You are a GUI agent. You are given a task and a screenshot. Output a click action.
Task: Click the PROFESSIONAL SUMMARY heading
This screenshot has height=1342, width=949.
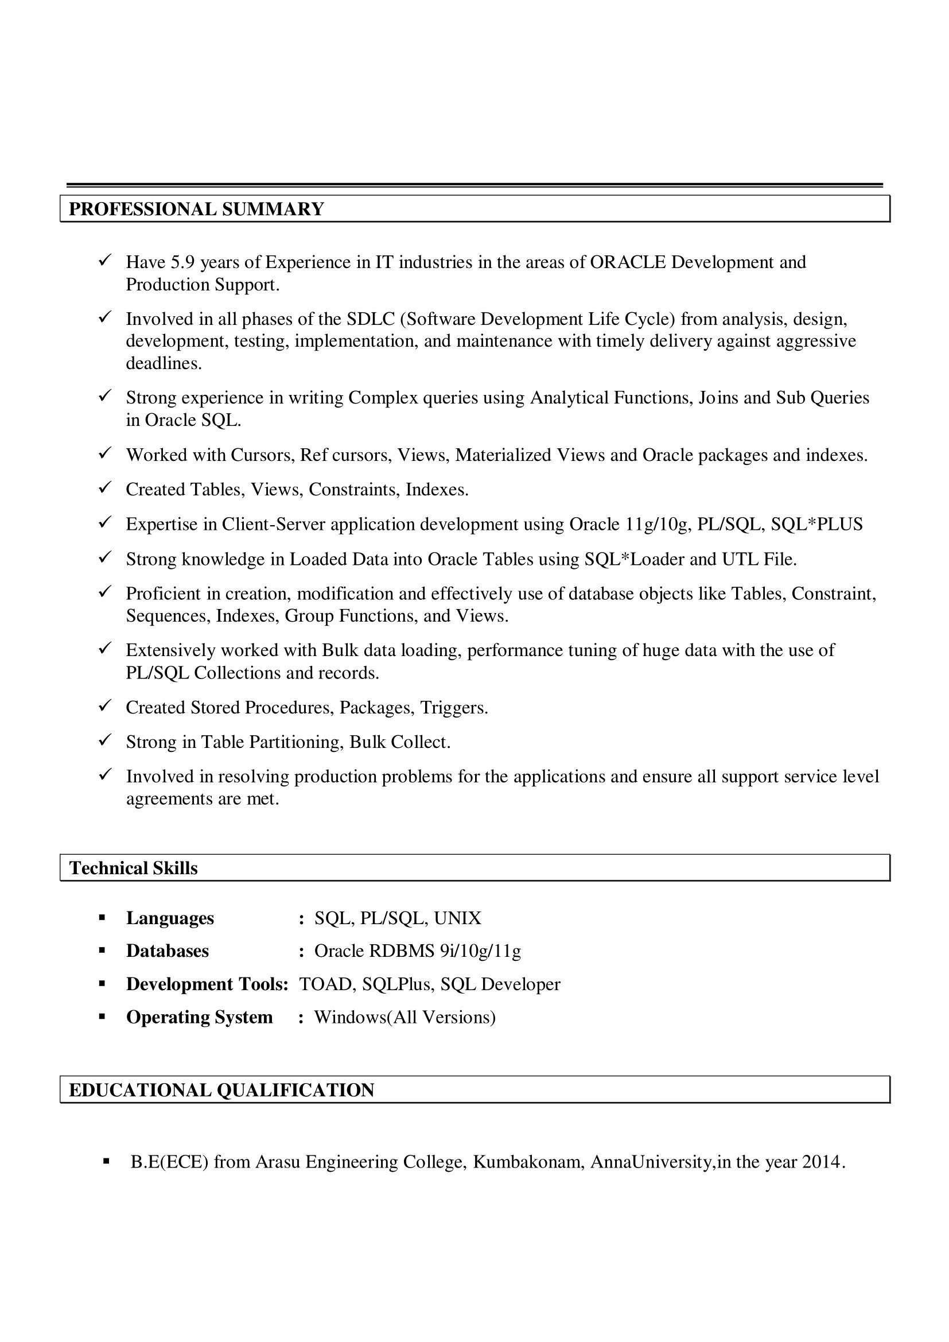tap(196, 210)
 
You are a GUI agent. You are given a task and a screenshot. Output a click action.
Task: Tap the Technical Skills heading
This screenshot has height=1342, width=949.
tap(133, 868)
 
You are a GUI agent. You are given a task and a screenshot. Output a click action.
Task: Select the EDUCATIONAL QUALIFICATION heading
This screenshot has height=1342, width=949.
tap(221, 1090)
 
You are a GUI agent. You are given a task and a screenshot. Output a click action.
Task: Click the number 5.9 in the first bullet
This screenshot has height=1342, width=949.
tap(182, 262)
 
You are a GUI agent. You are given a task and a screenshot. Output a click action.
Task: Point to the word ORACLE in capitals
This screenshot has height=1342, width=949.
tap(628, 262)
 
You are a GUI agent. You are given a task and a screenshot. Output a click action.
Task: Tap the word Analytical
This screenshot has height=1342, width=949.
tap(569, 398)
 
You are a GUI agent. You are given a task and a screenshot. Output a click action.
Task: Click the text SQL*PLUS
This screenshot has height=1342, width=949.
tap(816, 524)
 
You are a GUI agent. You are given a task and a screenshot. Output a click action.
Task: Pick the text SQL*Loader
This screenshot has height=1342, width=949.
tap(635, 560)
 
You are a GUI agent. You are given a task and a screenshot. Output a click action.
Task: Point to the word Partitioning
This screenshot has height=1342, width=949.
tap(296, 742)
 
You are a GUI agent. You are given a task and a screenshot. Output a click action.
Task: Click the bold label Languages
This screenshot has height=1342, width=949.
tap(170, 918)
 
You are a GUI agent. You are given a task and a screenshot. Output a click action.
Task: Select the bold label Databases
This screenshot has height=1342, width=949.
tap(167, 951)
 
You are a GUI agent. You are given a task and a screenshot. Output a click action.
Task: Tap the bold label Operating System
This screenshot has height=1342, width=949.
tap(199, 1017)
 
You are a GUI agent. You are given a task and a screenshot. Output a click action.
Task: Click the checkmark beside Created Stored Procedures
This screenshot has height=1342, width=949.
tap(104, 706)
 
